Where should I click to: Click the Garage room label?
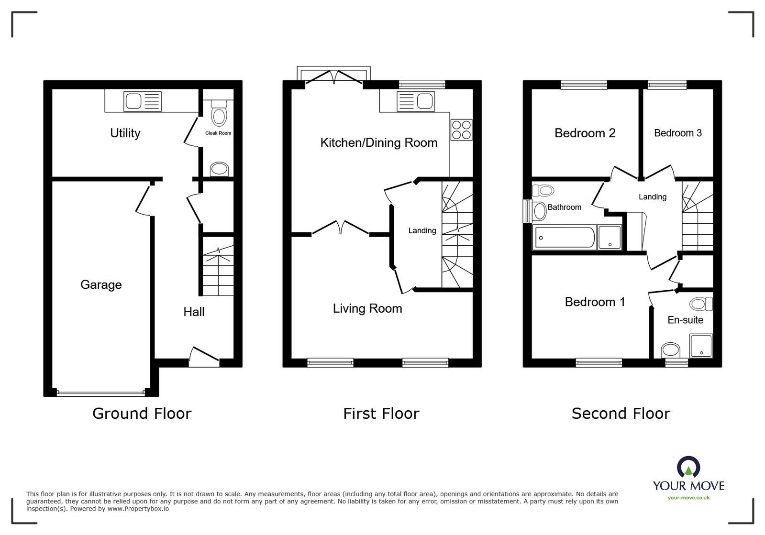101,285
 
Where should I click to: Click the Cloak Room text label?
218,133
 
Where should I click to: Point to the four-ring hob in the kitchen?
461,130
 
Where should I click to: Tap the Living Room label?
367,309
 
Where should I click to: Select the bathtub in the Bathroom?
565,238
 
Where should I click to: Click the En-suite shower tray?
701,346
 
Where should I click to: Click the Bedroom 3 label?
677,133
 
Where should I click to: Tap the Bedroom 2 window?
584,85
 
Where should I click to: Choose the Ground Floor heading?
142,414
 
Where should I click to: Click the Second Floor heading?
621,414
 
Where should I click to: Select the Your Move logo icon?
688,467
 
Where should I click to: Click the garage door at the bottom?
100,393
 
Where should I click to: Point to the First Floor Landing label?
422,231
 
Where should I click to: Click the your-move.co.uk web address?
688,498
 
